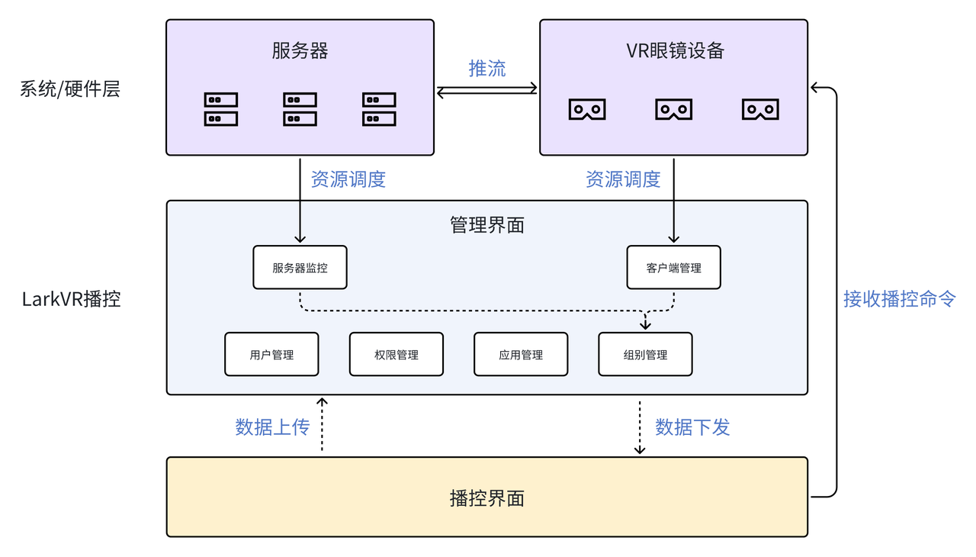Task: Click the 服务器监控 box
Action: pyautogui.click(x=300, y=268)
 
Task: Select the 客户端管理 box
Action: pyautogui.click(x=673, y=268)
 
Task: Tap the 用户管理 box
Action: pyautogui.click(x=271, y=355)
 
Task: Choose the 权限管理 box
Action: pyautogui.click(x=396, y=355)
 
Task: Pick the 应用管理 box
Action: pyautogui.click(x=521, y=355)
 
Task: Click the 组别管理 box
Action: pyautogui.click(x=645, y=355)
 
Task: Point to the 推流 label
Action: pyautogui.click(x=486, y=69)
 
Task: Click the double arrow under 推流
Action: pyautogui.click(x=486, y=91)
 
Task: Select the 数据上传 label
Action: pyautogui.click(x=272, y=427)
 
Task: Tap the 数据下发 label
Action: pyautogui.click(x=692, y=427)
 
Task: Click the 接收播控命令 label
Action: pyautogui.click(x=899, y=298)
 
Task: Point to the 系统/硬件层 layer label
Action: pyautogui.click(x=69, y=89)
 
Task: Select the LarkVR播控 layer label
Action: pyautogui.click(x=71, y=298)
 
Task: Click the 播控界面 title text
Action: pyautogui.click(x=486, y=499)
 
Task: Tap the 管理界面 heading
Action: pyautogui.click(x=486, y=225)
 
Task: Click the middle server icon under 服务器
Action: pyautogui.click(x=300, y=109)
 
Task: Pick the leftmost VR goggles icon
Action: pyautogui.click(x=586, y=109)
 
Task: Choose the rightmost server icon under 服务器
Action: pyautogui.click(x=379, y=109)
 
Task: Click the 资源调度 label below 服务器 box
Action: pyautogui.click(x=348, y=179)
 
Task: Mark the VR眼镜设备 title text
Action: pyautogui.click(x=674, y=51)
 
